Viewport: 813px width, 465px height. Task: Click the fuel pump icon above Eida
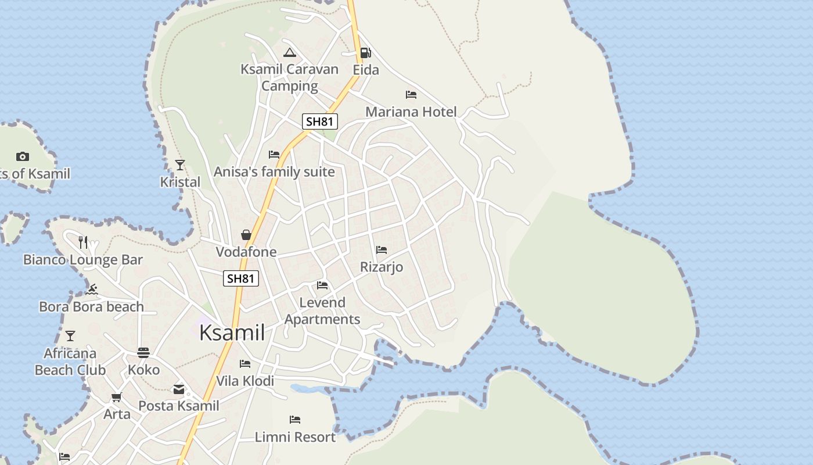(x=365, y=53)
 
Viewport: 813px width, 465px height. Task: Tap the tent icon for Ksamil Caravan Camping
(x=290, y=52)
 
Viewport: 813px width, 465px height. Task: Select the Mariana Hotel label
(x=411, y=112)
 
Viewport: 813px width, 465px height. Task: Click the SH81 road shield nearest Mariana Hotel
(x=319, y=121)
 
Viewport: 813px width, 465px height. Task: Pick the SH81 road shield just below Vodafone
(x=241, y=278)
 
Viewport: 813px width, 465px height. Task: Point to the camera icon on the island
(x=23, y=156)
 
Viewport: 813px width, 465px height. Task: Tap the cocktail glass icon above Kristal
(x=180, y=165)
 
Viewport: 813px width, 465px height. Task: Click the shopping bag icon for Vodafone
(x=246, y=235)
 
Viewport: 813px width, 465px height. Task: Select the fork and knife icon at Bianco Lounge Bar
(x=84, y=242)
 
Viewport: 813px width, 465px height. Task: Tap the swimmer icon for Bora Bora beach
(x=91, y=289)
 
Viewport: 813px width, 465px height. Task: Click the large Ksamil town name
(x=232, y=333)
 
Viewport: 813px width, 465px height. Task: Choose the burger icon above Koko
(x=143, y=352)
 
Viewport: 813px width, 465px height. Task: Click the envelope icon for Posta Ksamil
(x=179, y=389)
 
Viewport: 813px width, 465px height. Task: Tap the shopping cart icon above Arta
(x=117, y=398)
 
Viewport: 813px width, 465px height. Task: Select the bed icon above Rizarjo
(x=382, y=250)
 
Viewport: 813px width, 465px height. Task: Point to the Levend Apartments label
(x=322, y=311)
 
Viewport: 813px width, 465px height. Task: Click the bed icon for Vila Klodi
(x=245, y=364)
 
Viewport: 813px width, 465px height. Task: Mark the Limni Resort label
(x=295, y=437)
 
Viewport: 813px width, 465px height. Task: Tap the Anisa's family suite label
(x=274, y=172)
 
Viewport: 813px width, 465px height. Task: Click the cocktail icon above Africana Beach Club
(x=70, y=336)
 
